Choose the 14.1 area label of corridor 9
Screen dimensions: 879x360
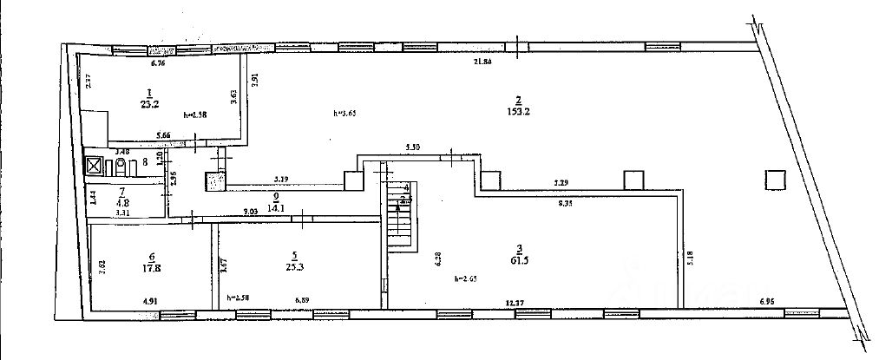[276, 208]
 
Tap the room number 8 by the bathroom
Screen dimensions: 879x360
[144, 160]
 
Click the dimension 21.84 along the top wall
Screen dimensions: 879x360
[482, 62]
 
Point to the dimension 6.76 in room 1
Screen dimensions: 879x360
[157, 63]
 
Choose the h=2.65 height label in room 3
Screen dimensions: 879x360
[467, 278]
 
